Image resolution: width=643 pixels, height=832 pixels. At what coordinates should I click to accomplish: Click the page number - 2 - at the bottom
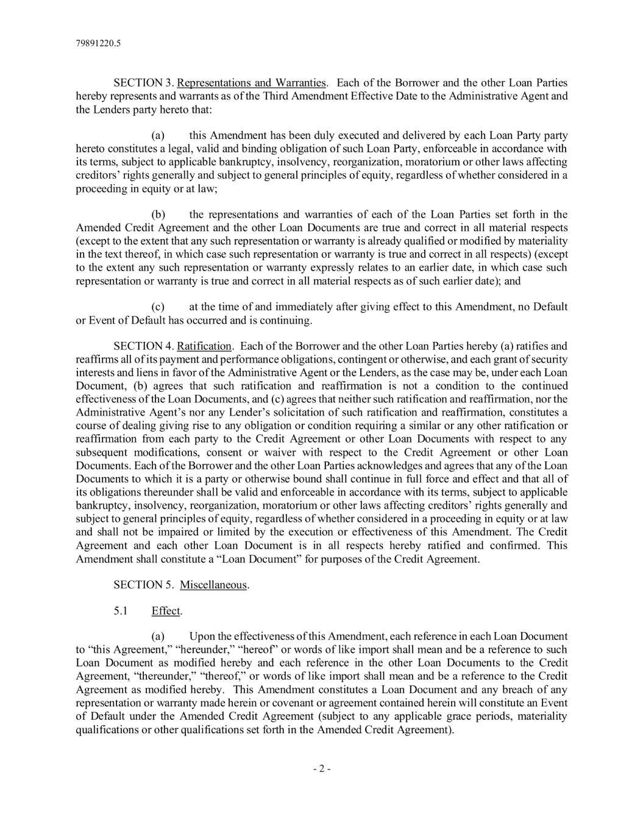coord(321,769)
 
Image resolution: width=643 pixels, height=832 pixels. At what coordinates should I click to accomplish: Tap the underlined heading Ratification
coord(204,346)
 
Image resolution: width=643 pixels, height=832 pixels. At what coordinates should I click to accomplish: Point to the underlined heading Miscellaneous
coord(213,585)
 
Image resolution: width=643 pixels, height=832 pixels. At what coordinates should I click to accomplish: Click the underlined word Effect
coord(166,611)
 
